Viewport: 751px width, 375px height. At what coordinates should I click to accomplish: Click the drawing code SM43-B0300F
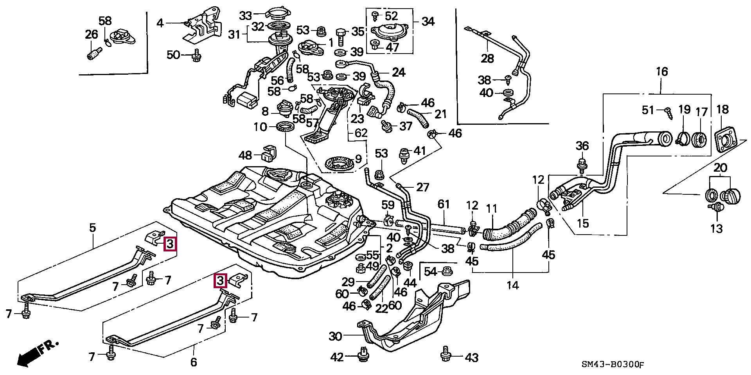pyautogui.click(x=613, y=364)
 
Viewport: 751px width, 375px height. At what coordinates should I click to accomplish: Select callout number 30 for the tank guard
pyautogui.click(x=335, y=336)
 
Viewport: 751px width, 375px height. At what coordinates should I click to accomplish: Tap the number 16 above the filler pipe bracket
pyautogui.click(x=662, y=72)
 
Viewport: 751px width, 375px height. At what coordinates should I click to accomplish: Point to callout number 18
pyautogui.click(x=722, y=109)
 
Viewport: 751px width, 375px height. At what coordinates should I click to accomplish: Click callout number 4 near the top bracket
pyautogui.click(x=160, y=23)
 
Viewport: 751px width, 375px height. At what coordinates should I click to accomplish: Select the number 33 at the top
pyautogui.click(x=245, y=16)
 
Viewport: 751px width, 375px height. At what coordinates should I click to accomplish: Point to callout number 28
pyautogui.click(x=487, y=58)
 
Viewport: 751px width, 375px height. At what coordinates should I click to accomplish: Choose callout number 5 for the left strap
pyautogui.click(x=92, y=228)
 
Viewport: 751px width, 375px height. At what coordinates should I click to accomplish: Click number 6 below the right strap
pyautogui.click(x=194, y=362)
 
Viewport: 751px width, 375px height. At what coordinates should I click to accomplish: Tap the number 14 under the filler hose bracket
pyautogui.click(x=512, y=285)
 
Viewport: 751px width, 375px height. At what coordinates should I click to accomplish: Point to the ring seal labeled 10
pyautogui.click(x=286, y=127)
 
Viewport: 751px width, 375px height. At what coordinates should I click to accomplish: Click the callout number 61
pyautogui.click(x=444, y=204)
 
